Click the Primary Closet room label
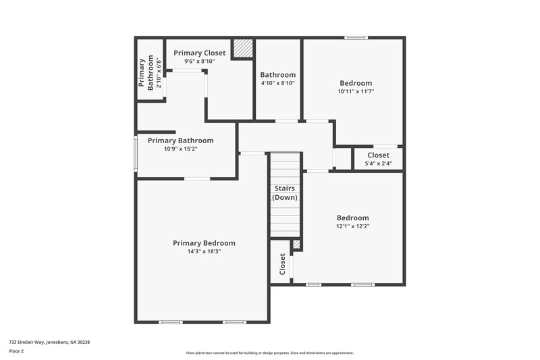point(199,52)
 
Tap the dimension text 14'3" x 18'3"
point(204,251)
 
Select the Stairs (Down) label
point(285,193)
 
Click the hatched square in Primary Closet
point(242,49)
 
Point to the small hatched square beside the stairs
point(296,245)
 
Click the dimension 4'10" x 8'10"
point(277,83)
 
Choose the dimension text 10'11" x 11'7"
point(355,91)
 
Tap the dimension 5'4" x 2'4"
point(378,163)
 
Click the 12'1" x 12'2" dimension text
point(353,226)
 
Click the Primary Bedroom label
point(204,243)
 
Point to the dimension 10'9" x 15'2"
point(180,149)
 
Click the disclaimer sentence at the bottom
point(269,353)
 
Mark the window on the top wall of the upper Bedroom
point(356,37)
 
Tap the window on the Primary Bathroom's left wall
point(136,153)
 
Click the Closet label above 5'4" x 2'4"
point(378,155)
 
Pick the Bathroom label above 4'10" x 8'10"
point(277,75)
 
